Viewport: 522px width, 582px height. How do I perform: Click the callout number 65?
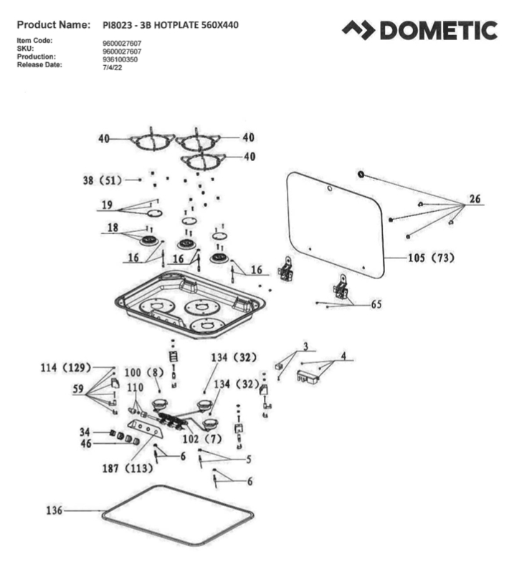click(376, 304)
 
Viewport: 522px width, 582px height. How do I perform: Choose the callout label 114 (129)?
click(65, 367)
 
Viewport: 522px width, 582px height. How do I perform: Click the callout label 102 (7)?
click(203, 438)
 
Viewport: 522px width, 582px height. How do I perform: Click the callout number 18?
click(113, 227)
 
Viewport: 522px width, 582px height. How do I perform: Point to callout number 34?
click(84, 432)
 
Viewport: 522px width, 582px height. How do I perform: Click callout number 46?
click(84, 443)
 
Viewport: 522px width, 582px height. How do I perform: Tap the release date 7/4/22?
click(113, 68)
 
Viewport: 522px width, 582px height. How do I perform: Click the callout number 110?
click(135, 387)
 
